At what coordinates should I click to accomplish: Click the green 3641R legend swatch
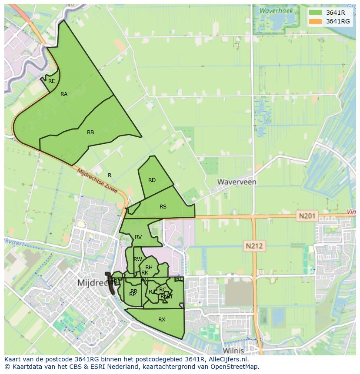tap(316, 13)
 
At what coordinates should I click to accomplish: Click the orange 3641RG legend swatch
tap(316, 21)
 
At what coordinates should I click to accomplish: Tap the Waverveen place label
tap(237, 182)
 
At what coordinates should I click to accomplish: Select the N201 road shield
tap(308, 215)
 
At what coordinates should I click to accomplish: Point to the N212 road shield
tap(254, 246)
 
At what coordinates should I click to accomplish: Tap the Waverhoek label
tap(276, 11)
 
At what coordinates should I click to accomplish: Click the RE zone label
tap(52, 81)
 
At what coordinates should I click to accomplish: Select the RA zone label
tap(64, 94)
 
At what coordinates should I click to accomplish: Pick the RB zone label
tap(90, 132)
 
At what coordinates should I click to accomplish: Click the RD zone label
tap(152, 180)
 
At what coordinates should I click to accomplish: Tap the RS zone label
tap(163, 207)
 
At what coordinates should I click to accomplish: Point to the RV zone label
tap(138, 237)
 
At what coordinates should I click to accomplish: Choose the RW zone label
tap(138, 259)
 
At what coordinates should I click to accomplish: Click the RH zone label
tap(149, 268)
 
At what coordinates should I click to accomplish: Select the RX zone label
tap(162, 320)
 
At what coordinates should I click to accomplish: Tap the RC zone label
tap(163, 290)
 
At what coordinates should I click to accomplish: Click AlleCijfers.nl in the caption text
tap(227, 360)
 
